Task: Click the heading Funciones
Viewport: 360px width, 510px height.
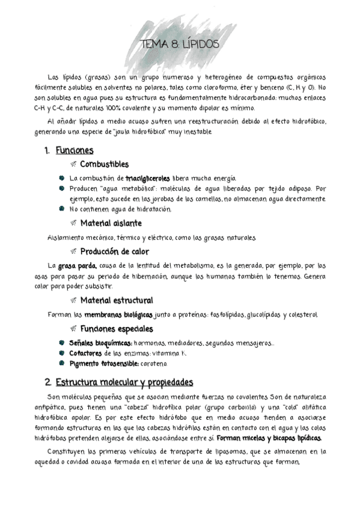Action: (74, 151)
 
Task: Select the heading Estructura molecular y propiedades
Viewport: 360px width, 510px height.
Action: (124, 382)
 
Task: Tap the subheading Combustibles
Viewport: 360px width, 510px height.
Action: (104, 164)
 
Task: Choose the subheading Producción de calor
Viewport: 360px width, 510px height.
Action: (114, 252)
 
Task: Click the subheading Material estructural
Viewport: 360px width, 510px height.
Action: (116, 300)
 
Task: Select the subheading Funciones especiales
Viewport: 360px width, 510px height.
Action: (116, 329)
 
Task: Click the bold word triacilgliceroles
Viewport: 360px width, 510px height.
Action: (148, 179)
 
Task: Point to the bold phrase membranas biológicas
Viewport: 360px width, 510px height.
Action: (118, 315)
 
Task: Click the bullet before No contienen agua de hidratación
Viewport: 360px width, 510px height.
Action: (62, 209)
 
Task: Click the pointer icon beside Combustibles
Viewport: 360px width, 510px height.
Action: (73, 164)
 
